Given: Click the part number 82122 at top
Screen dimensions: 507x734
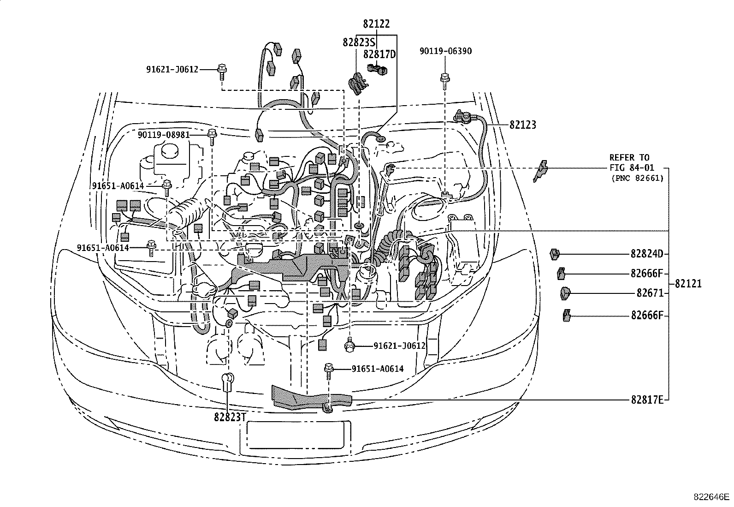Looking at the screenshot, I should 376,24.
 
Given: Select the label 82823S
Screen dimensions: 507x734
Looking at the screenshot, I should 358,42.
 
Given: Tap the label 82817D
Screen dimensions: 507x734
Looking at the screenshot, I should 379,54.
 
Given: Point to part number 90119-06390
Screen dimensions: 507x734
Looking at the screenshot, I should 445,51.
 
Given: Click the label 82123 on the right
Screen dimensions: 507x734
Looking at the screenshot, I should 523,125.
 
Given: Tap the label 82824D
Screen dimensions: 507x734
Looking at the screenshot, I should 646,254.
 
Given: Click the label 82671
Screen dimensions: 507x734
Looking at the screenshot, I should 649,293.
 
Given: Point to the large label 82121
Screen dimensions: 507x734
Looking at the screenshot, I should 688,284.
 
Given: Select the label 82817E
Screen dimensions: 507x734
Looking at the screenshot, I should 646,400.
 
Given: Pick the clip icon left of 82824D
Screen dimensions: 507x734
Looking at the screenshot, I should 555,253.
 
